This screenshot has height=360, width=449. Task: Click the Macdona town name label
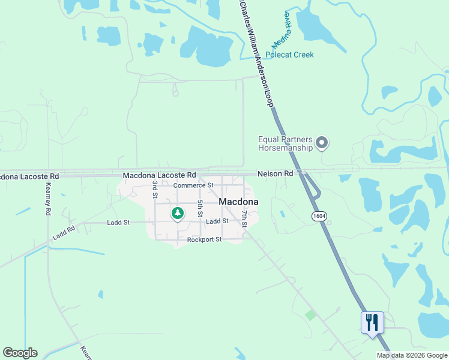tap(238, 202)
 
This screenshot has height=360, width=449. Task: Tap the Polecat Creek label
tap(291, 55)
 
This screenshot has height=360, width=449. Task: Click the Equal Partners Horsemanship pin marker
tap(322, 143)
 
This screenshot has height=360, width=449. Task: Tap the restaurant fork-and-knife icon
tap(372, 322)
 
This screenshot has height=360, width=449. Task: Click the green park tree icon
tap(177, 212)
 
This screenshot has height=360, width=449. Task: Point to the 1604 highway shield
tap(318, 215)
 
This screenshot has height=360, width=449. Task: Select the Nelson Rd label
tap(275, 173)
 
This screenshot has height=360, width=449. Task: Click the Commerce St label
tap(193, 185)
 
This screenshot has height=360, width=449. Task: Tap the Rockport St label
tap(204, 239)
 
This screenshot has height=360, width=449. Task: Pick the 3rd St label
tap(154, 190)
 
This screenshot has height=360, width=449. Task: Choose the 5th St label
tap(200, 208)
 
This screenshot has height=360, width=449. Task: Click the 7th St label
tap(244, 218)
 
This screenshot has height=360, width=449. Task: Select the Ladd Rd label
tap(63, 233)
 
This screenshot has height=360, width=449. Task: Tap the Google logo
tap(20, 353)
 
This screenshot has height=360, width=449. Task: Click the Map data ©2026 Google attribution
tap(412, 355)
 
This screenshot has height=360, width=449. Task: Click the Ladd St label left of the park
tap(118, 223)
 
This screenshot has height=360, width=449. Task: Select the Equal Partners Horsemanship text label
tap(286, 143)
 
